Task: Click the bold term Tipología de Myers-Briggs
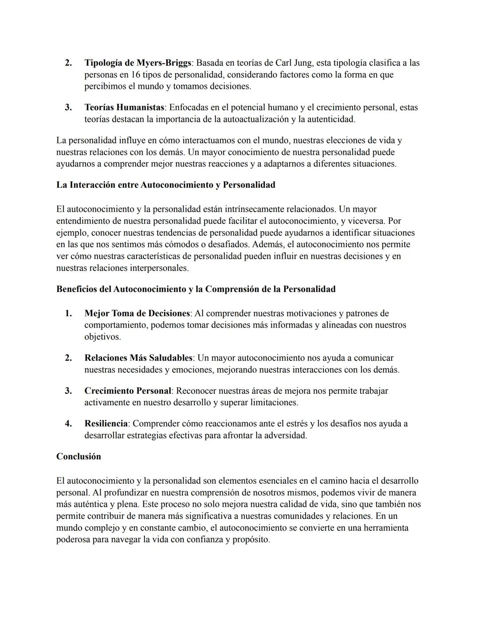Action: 137,63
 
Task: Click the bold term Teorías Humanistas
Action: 124,107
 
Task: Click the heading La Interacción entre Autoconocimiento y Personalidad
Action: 165,185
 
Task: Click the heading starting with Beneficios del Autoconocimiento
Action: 196,289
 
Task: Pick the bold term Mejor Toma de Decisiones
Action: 137,313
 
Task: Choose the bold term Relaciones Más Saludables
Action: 138,358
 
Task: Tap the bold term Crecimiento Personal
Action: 128,391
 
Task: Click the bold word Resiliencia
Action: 106,423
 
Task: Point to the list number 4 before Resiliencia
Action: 68,423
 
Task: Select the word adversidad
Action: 285,435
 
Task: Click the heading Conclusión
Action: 79,457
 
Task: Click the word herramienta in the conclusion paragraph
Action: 386,528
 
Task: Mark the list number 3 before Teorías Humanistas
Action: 68,107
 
